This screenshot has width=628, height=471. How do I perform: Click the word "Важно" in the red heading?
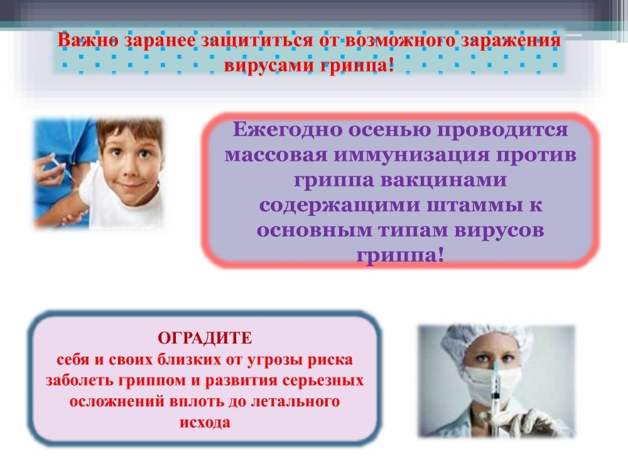(88, 40)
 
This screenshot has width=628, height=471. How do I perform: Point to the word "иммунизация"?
(412, 154)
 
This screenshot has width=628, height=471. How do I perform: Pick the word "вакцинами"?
(444, 180)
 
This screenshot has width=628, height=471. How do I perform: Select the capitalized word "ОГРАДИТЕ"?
(205, 338)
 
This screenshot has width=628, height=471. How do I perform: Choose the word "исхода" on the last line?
(205, 423)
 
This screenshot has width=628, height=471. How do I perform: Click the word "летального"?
(295, 401)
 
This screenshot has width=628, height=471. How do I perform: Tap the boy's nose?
(129, 170)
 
